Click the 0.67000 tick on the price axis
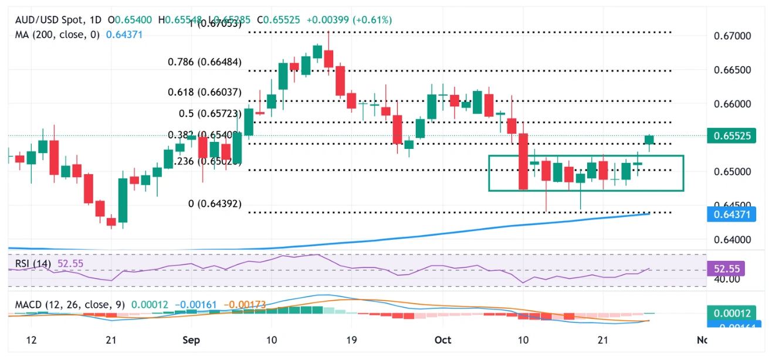pyautogui.click(x=734, y=36)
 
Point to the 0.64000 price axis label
pyautogui.click(x=734, y=239)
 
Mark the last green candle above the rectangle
pyautogui.click(x=649, y=140)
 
